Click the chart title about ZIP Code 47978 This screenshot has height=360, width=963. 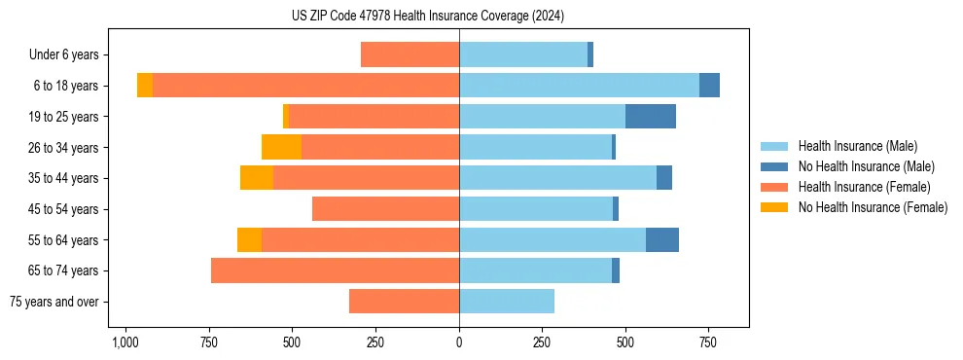[427, 16]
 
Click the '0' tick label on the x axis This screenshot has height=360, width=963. [459, 343]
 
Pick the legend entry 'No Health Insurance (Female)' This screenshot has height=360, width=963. [873, 207]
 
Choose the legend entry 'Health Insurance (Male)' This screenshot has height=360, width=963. [857, 146]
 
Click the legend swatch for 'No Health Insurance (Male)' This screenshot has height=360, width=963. [774, 166]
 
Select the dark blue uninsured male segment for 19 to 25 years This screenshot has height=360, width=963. [650, 117]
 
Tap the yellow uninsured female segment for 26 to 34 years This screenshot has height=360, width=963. [281, 147]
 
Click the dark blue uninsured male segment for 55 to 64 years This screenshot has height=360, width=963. [662, 239]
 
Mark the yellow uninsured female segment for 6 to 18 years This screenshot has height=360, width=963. [145, 86]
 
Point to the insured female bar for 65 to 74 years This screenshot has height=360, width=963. [335, 270]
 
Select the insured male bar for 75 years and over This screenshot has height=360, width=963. [507, 302]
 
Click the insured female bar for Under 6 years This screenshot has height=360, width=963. [410, 54]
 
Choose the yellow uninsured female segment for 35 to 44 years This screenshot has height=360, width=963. [257, 178]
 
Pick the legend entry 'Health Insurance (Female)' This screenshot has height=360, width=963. [864, 187]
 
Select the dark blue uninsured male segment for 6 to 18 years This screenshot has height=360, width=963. [709, 86]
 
